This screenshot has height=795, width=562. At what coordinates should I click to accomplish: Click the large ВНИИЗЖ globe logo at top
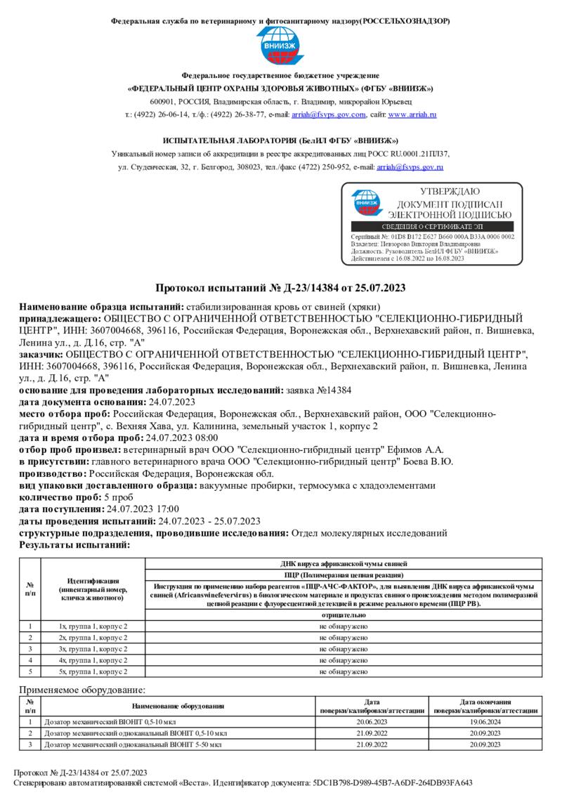click(280, 46)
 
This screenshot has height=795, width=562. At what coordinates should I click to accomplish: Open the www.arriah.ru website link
click(412, 114)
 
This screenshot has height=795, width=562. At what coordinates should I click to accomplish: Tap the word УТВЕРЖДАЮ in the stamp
click(450, 191)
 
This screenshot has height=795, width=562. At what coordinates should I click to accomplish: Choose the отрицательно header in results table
click(342, 615)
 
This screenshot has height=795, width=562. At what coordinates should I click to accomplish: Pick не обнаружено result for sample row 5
click(342, 672)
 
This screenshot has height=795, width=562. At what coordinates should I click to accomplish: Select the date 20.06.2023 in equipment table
click(372, 721)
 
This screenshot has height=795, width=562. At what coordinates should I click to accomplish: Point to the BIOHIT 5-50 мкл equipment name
click(133, 744)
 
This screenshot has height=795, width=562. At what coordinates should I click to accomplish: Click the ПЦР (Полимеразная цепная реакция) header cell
click(342, 574)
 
